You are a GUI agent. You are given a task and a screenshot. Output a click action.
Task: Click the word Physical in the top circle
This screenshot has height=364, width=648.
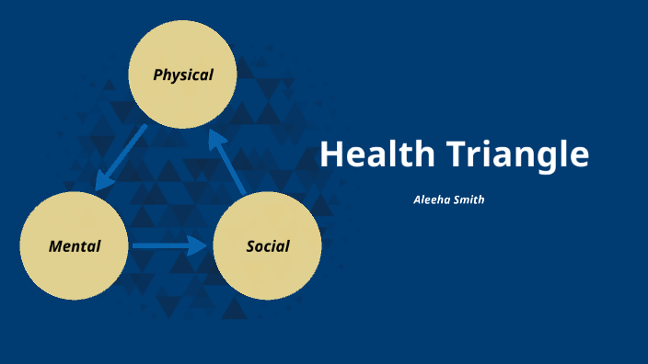(183, 74)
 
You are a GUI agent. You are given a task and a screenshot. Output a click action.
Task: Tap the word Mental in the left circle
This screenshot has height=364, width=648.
(75, 245)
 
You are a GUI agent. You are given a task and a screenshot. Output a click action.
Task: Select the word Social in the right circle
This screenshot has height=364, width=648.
(268, 245)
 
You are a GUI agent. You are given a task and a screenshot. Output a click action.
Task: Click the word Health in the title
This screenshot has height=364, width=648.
(372, 154)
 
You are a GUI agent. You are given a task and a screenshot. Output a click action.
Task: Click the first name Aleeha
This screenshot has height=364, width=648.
(433, 199)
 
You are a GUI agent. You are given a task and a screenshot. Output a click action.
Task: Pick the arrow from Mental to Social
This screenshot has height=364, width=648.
(168, 245)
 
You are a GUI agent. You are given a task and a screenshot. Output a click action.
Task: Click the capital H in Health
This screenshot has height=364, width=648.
(330, 154)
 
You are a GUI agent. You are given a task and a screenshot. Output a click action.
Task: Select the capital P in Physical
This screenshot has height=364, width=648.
(157, 74)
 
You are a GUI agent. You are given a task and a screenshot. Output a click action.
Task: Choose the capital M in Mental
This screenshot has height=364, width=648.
(54, 245)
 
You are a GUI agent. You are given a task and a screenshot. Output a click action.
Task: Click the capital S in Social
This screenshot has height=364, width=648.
(250, 245)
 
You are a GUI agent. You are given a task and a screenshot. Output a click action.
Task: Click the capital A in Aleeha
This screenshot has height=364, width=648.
(417, 199)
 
